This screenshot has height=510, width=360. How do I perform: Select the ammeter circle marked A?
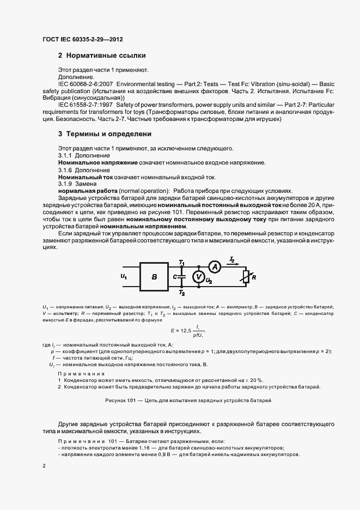(215, 266)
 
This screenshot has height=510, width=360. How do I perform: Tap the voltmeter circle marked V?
(199, 276)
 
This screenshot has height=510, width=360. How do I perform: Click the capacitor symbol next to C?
(182, 277)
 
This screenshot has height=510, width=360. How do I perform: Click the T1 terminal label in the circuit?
(181, 263)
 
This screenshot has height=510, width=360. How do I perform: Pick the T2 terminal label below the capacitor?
(181, 293)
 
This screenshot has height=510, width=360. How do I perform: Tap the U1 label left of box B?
(123, 277)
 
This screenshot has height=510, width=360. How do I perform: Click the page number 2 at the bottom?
(45, 466)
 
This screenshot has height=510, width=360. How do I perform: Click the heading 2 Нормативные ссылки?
(101, 56)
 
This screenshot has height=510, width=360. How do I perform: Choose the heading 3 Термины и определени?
(105, 133)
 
